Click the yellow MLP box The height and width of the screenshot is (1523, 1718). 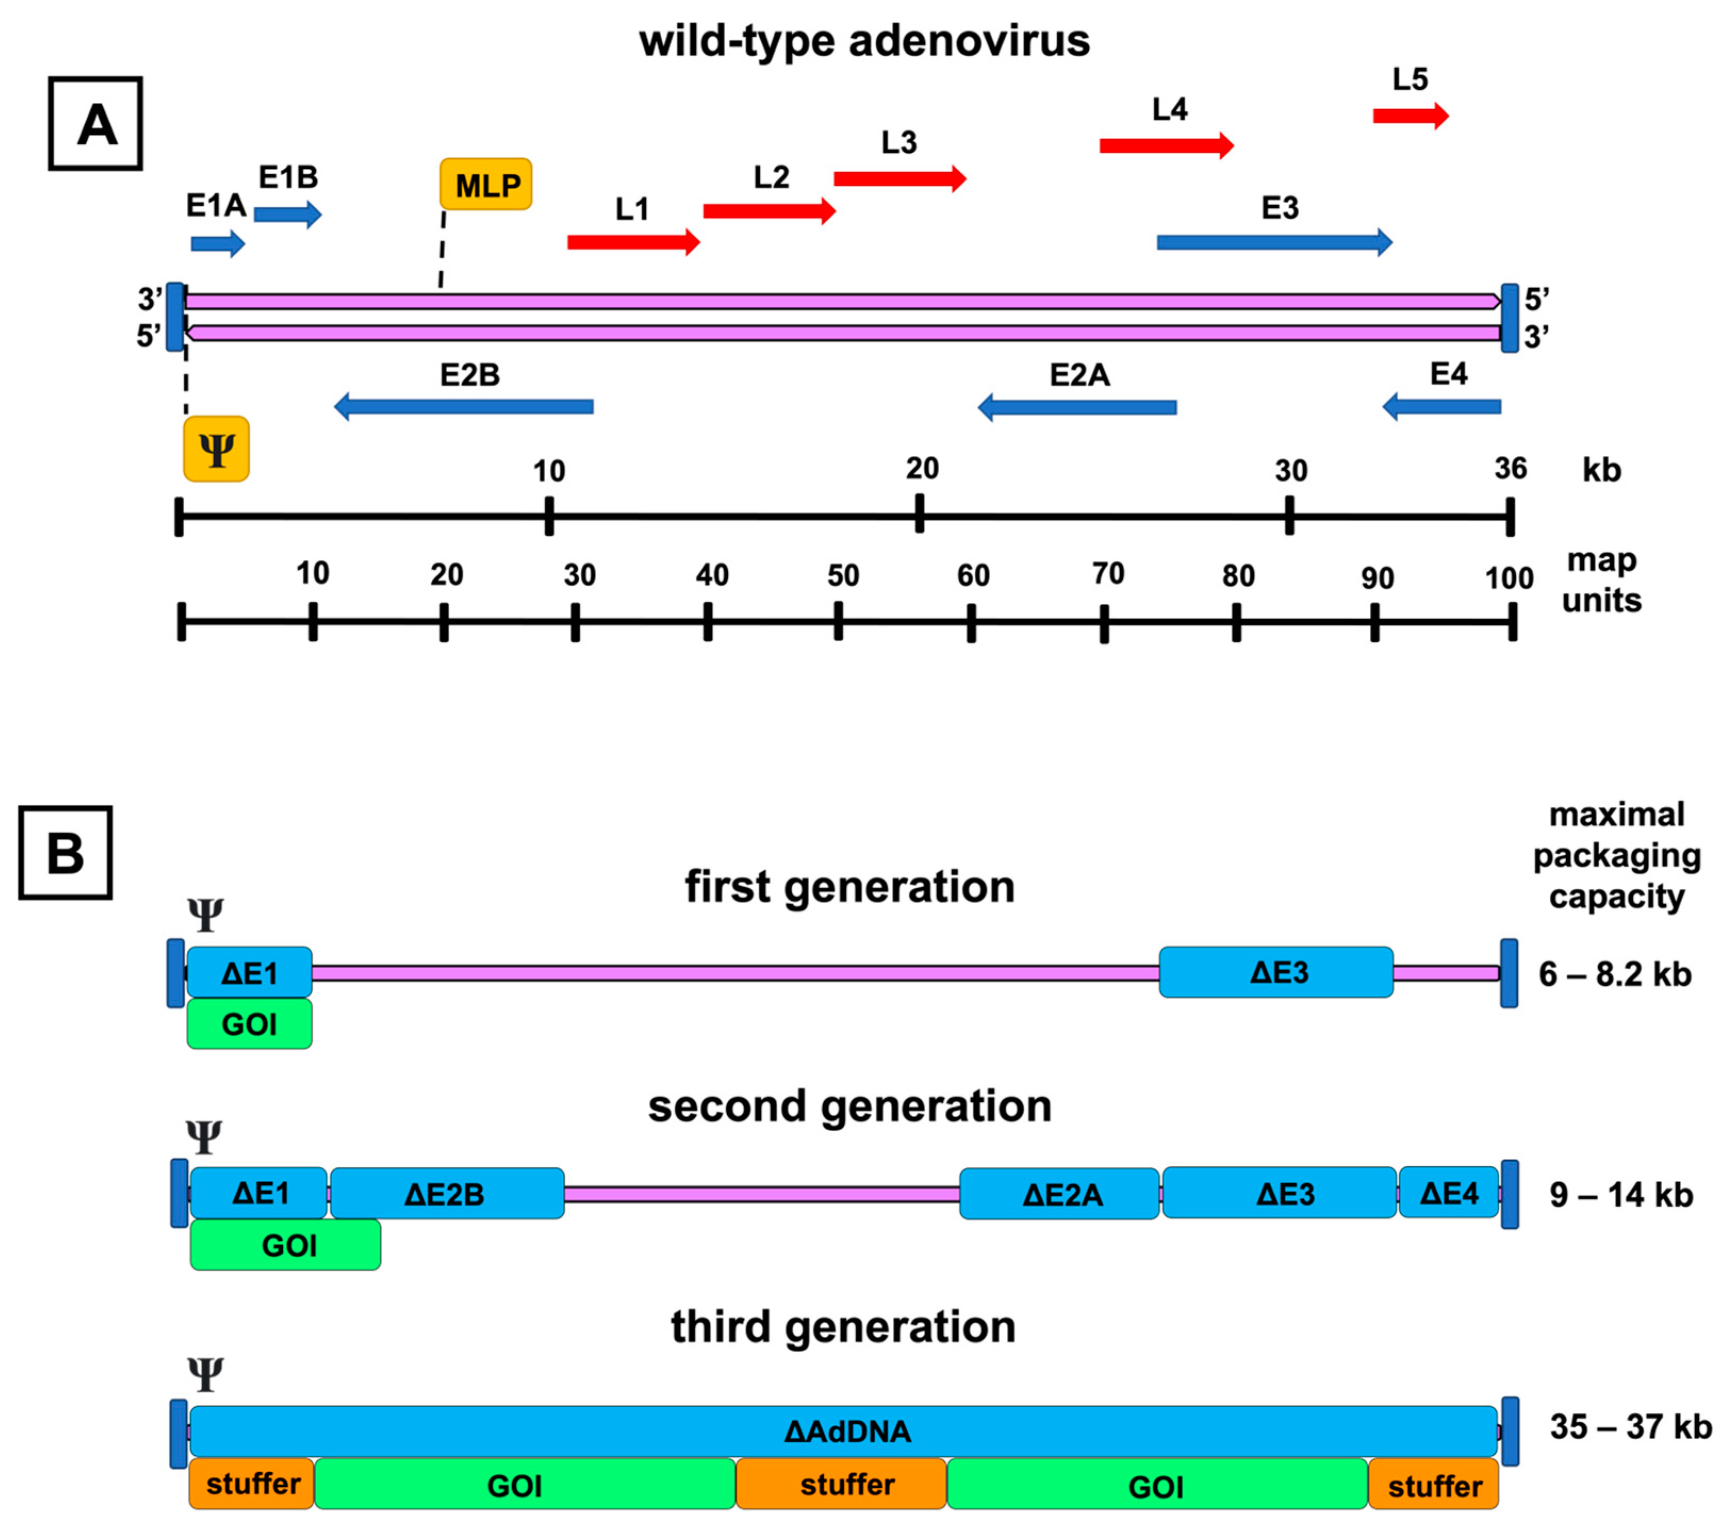[486, 184]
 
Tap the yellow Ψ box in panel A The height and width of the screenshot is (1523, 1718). [216, 449]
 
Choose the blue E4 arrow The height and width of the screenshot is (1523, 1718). [1442, 407]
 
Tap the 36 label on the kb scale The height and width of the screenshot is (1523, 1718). [1510, 468]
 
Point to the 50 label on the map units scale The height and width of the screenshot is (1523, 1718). [843, 576]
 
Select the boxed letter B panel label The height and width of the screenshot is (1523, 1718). [65, 853]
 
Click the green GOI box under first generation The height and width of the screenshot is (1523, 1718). [250, 1023]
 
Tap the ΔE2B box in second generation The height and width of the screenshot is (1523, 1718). [446, 1193]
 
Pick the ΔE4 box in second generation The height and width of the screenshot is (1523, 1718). [1448, 1193]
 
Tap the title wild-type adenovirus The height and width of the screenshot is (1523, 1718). [864, 40]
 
